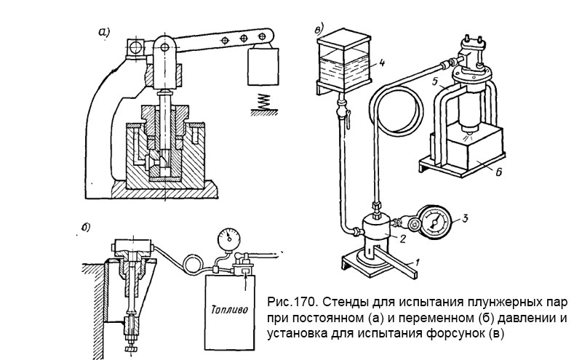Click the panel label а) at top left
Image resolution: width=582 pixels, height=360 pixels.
click(x=106, y=32)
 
